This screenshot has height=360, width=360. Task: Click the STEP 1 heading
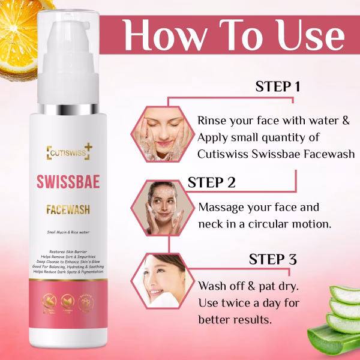point(278,86)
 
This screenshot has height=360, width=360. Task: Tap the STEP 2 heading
point(211,182)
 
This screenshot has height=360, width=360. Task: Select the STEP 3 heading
point(273,259)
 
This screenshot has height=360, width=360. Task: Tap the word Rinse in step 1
point(213,120)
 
